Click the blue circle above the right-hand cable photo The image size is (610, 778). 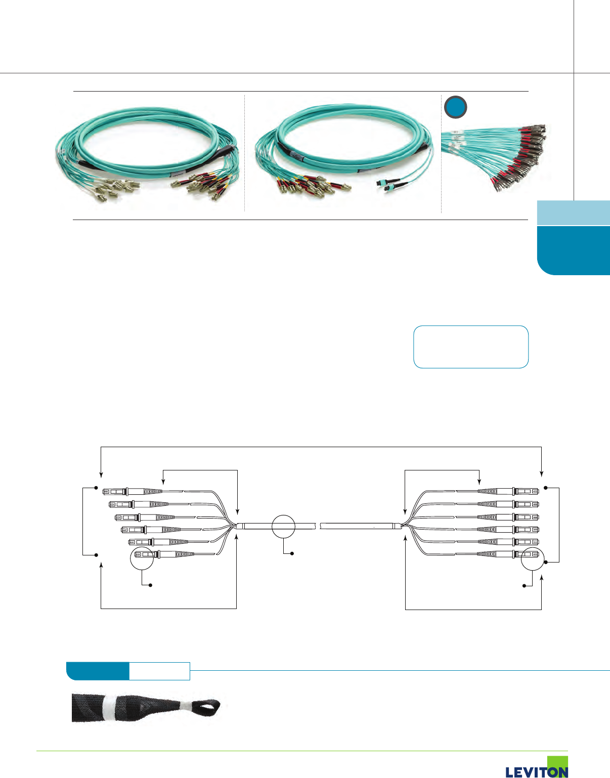(x=455, y=107)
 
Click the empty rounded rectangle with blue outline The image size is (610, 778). (x=471, y=347)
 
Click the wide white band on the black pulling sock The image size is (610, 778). (x=109, y=704)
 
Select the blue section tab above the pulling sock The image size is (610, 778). (x=98, y=671)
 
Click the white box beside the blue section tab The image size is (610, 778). (x=159, y=671)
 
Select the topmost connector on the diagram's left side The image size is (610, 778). (x=132, y=491)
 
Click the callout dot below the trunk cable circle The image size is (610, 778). (x=292, y=554)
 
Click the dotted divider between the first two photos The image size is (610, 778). (x=245, y=152)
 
